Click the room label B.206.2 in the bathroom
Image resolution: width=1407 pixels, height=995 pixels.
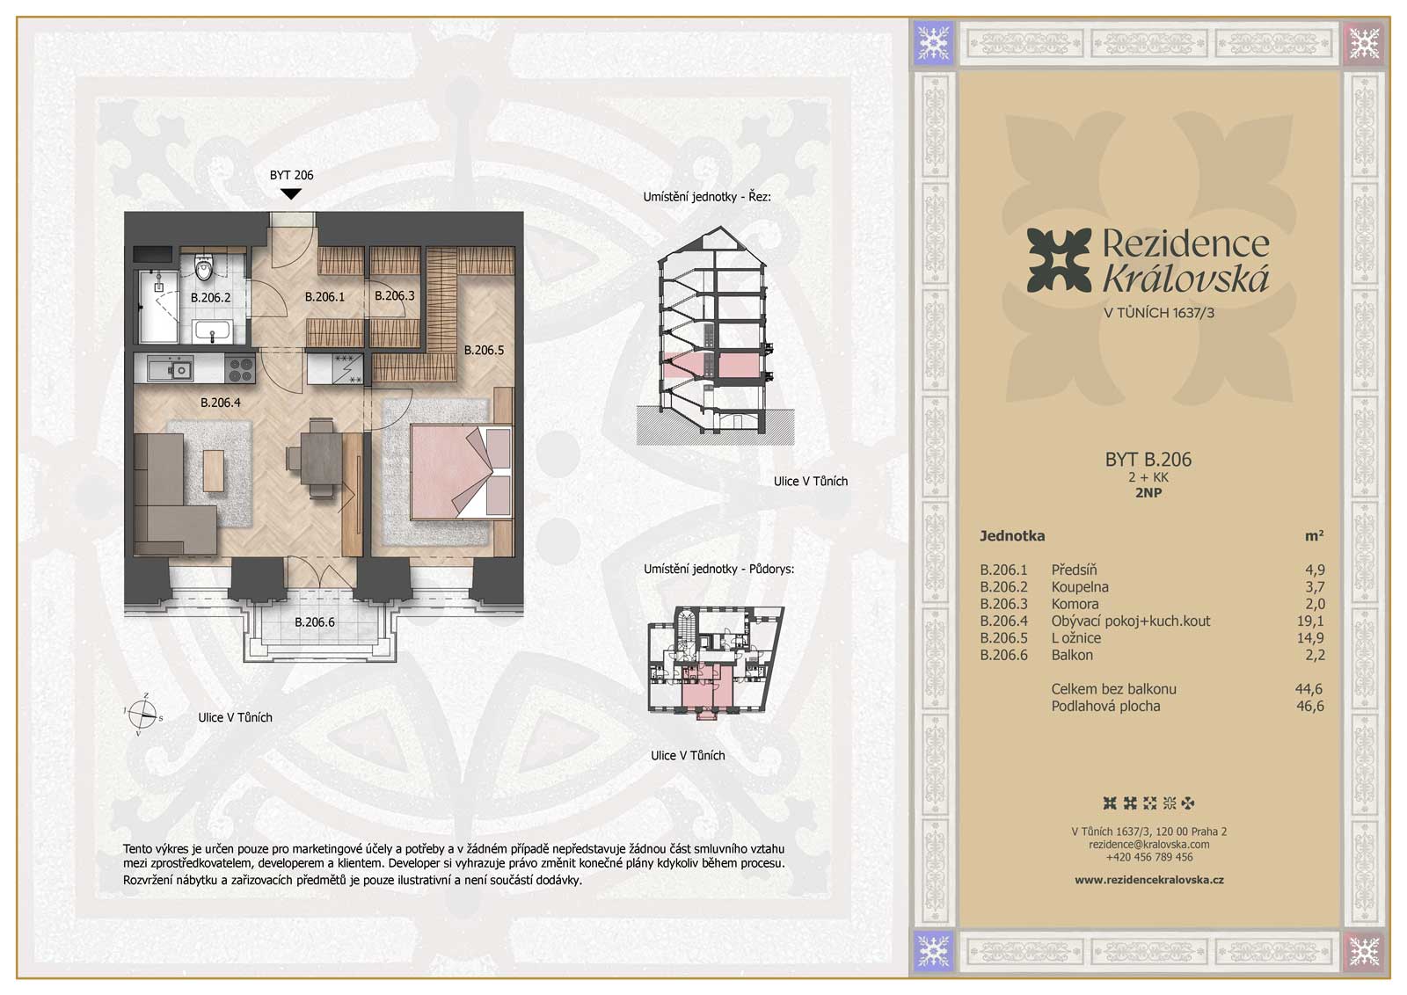coord(210,298)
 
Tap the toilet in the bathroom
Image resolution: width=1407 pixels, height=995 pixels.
coord(203,267)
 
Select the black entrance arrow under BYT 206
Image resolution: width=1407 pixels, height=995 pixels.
coord(290,194)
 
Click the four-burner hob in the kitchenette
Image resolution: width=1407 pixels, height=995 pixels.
coord(241,369)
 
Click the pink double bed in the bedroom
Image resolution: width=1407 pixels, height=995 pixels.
coord(462,472)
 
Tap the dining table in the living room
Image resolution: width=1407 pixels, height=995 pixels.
coord(321,457)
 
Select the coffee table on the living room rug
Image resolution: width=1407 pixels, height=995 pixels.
coord(213,471)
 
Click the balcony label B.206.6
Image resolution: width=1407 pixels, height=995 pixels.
coord(315,622)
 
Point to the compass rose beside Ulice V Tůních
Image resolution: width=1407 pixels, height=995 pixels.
coord(142,715)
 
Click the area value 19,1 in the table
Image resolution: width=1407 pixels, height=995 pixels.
coord(1310,621)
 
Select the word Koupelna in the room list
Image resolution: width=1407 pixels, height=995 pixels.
coord(1080,587)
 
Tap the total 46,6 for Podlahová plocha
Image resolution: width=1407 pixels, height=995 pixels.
coord(1310,706)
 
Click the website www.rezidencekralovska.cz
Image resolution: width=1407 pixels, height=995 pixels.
coord(1148,880)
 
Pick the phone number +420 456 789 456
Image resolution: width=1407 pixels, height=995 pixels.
coord(1148,857)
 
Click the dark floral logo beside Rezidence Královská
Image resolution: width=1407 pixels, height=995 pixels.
coord(1059,260)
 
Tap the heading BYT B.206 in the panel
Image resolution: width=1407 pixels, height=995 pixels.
coord(1148,460)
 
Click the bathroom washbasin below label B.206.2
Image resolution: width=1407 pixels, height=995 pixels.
coord(213,330)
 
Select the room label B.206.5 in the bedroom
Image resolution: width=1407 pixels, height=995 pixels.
coord(484,351)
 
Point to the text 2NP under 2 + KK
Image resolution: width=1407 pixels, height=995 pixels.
coord(1148,493)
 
